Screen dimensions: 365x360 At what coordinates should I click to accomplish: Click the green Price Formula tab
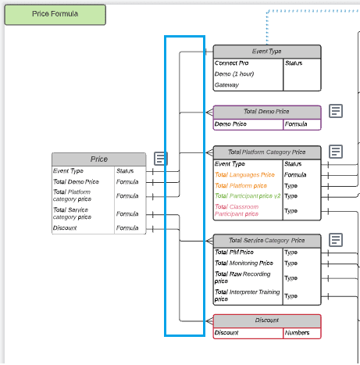click(55, 14)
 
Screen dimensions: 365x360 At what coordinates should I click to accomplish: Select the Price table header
click(99, 159)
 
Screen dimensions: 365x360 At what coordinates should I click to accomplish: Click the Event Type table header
click(266, 52)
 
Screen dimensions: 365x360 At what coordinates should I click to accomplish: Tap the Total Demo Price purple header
click(266, 112)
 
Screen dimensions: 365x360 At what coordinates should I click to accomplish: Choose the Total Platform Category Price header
click(266, 152)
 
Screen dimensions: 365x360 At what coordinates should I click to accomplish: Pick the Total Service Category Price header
click(266, 240)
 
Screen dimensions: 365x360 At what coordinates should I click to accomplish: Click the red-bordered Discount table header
click(266, 320)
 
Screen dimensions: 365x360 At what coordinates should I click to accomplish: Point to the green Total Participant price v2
click(247, 196)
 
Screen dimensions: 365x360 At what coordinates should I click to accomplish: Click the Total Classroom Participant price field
click(245, 209)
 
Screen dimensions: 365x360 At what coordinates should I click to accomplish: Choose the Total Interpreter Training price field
click(246, 295)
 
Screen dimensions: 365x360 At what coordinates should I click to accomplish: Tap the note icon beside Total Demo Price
click(336, 111)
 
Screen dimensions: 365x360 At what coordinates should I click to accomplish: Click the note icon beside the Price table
click(160, 159)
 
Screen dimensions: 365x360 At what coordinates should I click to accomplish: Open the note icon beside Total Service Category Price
click(336, 239)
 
